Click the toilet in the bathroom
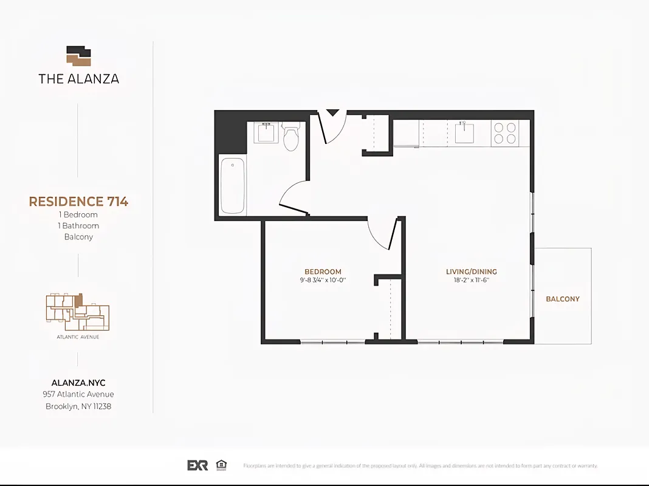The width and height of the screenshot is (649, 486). click(x=292, y=137)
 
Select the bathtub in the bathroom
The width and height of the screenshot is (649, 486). click(x=232, y=186)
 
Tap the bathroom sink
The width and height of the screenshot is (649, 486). click(x=266, y=132)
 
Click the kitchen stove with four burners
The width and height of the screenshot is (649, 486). click(x=504, y=133)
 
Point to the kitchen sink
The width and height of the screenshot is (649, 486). click(x=465, y=132)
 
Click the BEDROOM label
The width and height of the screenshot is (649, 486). click(x=323, y=272)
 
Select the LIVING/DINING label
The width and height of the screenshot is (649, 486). click(x=472, y=272)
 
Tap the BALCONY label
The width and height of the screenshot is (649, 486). click(x=563, y=299)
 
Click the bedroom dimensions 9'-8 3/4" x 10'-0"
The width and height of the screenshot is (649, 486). click(x=323, y=280)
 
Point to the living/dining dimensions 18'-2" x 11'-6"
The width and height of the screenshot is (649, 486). click(x=472, y=280)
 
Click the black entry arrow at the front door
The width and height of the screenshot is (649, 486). click(x=332, y=112)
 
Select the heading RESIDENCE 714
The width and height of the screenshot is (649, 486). click(x=78, y=202)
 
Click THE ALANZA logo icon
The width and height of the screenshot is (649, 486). click(x=78, y=56)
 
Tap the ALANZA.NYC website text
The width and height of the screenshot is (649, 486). click(x=78, y=383)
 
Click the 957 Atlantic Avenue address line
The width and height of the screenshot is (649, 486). click(x=78, y=394)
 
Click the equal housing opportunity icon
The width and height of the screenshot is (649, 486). click(x=222, y=465)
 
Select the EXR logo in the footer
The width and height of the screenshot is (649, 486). click(x=197, y=465)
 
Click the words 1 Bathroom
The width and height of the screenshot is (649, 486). click(x=78, y=225)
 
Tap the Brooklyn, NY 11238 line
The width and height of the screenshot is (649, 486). click(x=78, y=406)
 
